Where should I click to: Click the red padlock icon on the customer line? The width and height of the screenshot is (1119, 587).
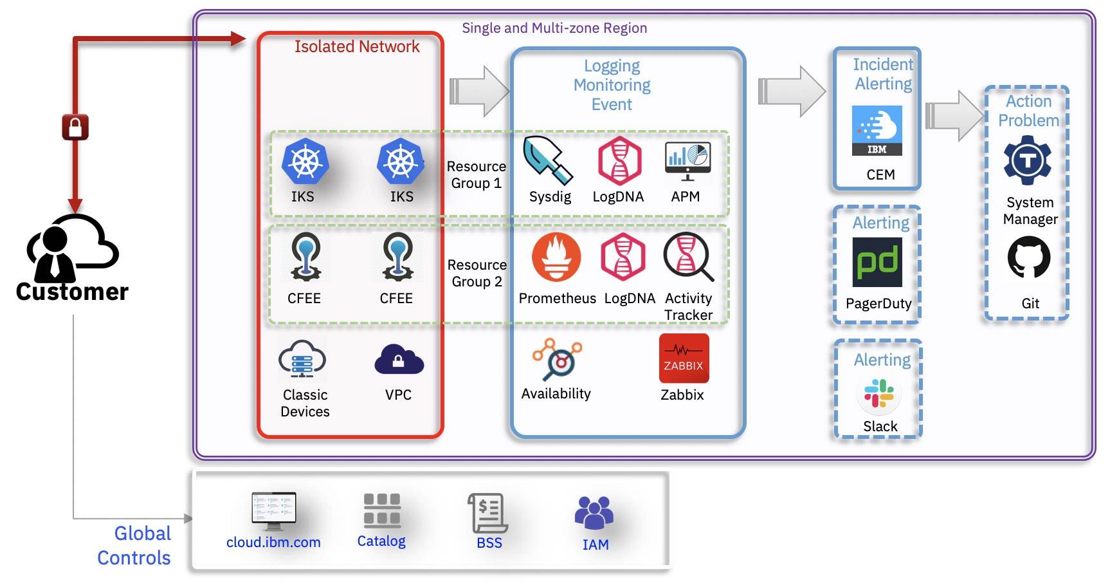pyautogui.click(x=75, y=127)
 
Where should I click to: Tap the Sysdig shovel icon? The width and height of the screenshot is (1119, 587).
pyautogui.click(x=547, y=160)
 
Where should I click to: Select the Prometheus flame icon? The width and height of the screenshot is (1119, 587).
pyautogui.click(x=556, y=257)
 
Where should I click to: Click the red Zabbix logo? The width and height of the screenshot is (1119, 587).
pyautogui.click(x=684, y=359)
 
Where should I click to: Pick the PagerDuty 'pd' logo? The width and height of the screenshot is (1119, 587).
pyautogui.click(x=877, y=262)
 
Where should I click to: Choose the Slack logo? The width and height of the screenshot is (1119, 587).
pyautogui.click(x=879, y=394)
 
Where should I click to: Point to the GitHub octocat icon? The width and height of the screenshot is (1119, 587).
pyautogui.click(x=1029, y=257)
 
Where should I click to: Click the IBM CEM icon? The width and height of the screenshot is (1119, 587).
pyautogui.click(x=877, y=131)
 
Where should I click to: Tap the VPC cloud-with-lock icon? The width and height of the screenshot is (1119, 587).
pyautogui.click(x=399, y=360)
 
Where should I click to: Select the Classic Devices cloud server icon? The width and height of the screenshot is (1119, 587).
pyautogui.click(x=302, y=359)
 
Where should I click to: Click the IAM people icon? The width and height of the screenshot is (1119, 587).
pyautogui.click(x=594, y=513)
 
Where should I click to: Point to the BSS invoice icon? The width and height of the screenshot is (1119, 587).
pyautogui.click(x=488, y=512)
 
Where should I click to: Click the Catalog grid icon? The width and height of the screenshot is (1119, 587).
pyautogui.click(x=382, y=510)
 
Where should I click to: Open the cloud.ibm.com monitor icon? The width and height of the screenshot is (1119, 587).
pyautogui.click(x=274, y=510)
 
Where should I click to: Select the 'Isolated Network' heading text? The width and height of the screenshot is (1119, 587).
pyautogui.click(x=357, y=47)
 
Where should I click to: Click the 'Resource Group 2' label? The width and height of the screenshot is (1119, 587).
pyautogui.click(x=477, y=274)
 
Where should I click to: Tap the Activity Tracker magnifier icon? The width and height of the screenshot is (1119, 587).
pyautogui.click(x=688, y=257)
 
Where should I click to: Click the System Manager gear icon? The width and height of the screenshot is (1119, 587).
pyautogui.click(x=1028, y=160)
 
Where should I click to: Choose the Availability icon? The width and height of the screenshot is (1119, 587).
pyautogui.click(x=557, y=359)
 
